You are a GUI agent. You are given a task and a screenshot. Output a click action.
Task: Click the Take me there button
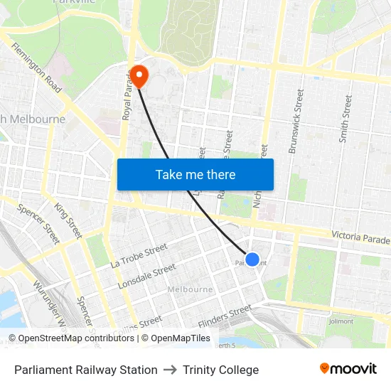click(x=195, y=174)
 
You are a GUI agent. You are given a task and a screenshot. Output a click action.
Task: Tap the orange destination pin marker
click(x=138, y=75)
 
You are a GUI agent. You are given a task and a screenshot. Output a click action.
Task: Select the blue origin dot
click(x=252, y=259)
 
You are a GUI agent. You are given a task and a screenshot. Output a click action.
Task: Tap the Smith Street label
click(x=346, y=119)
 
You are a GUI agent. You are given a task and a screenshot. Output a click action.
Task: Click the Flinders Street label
click(x=225, y=316)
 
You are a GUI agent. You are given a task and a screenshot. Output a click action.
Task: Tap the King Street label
click(x=68, y=220)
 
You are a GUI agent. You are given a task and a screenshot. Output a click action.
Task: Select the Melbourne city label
click(x=190, y=290)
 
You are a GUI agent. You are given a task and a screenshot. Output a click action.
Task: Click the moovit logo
click(x=348, y=368)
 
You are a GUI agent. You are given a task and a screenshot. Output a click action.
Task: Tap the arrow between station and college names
click(x=170, y=370)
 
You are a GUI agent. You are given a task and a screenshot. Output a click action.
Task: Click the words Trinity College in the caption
click(x=220, y=370)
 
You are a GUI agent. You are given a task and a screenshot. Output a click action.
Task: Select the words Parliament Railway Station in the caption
click(x=86, y=370)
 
